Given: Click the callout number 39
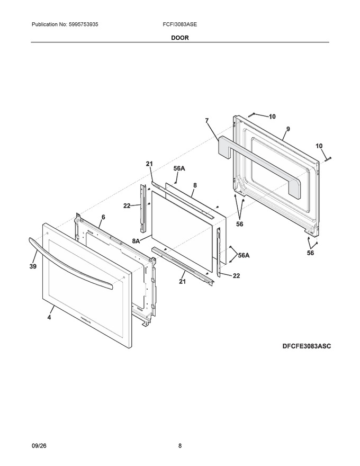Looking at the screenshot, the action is pos(33,266).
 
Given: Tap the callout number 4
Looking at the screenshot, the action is pos(49,317).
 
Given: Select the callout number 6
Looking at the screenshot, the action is pos(103,217).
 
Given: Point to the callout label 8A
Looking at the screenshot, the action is pos(136,241).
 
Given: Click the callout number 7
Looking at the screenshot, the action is pos(206,121).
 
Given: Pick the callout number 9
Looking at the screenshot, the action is pos(288,129).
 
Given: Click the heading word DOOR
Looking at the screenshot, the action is pos(179,38).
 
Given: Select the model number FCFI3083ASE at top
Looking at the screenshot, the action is pos(179,24).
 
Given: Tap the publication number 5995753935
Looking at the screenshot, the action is pos(79,24).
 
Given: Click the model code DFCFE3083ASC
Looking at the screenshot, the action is pos(307,346).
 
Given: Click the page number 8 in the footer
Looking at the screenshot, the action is pos(180,446).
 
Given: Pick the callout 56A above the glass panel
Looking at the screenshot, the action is pos(179,168).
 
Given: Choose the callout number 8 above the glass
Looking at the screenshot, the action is pos(195,185).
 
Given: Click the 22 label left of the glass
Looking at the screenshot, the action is pos(127,205).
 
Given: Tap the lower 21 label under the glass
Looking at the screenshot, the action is pos(182,281).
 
